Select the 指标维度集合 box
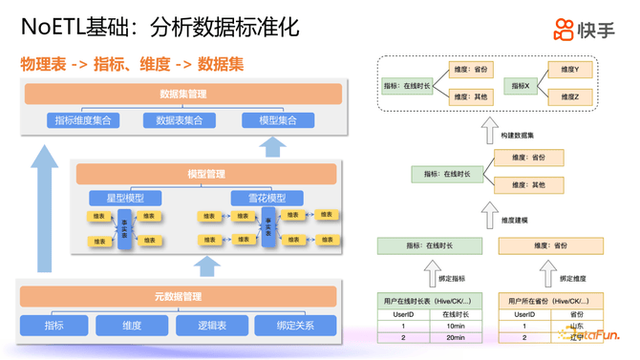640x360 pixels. [x=82, y=120]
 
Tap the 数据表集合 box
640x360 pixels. [x=180, y=120]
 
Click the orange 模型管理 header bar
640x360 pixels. [x=206, y=175]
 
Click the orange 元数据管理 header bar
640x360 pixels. [x=179, y=296]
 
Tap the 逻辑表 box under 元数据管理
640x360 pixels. [x=212, y=326]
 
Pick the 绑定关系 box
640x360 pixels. [x=295, y=326]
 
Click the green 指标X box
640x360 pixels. [x=520, y=86]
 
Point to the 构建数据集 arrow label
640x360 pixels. [x=517, y=137]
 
